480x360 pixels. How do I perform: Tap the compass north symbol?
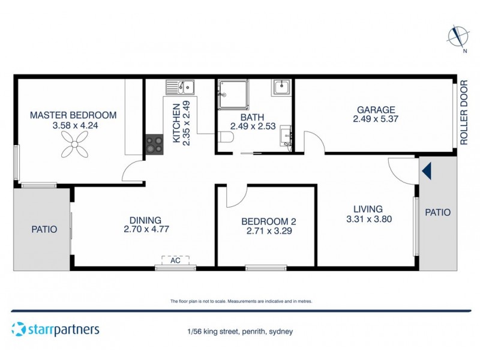pyautogui.click(x=458, y=37)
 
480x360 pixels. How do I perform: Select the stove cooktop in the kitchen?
pyautogui.click(x=153, y=143)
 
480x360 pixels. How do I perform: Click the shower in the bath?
pyautogui.click(x=232, y=94)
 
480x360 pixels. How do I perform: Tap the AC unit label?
pyautogui.click(x=175, y=260)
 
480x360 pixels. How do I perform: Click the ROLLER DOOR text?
pyautogui.click(x=464, y=113)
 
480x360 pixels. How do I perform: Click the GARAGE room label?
pyautogui.click(x=376, y=110)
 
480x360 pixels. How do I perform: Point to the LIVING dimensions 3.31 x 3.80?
pyautogui.click(x=369, y=219)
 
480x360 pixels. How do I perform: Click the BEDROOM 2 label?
pyautogui.click(x=268, y=221)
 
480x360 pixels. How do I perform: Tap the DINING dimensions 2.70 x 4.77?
pyautogui.click(x=146, y=230)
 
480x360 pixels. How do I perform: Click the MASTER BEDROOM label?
pyautogui.click(x=73, y=115)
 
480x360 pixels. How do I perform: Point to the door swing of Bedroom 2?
pyautogui.click(x=236, y=196)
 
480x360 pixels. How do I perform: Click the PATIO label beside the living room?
pyautogui.click(x=437, y=212)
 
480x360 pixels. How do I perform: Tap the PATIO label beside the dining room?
pyautogui.click(x=44, y=229)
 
